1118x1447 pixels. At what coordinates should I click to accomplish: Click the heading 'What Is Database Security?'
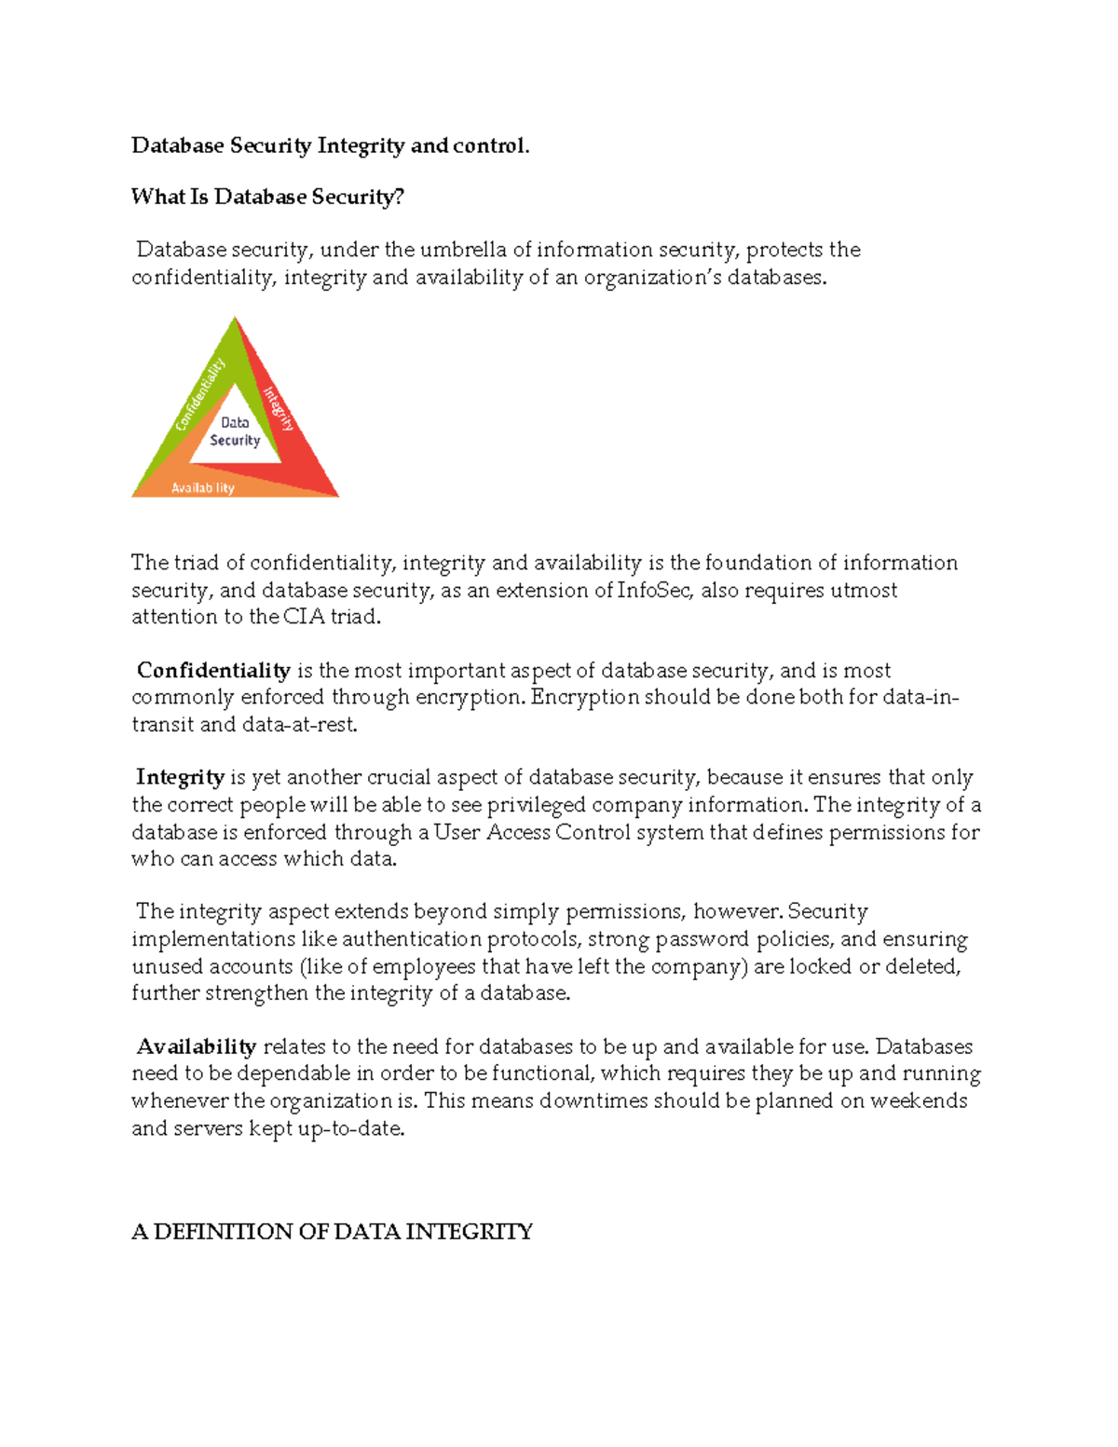point(267,197)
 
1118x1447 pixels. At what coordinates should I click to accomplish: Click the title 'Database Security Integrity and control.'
point(330,145)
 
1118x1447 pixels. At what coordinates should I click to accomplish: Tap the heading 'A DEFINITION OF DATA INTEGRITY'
point(332,1232)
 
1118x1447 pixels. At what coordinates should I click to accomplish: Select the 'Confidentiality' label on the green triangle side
point(200,395)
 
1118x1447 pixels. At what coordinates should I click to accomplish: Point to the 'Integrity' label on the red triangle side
point(279,409)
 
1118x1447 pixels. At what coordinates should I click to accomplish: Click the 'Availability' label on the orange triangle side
point(203,487)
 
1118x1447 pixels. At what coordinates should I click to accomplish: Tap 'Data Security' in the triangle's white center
point(235,431)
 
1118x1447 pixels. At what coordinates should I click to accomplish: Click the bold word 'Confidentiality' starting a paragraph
point(213,671)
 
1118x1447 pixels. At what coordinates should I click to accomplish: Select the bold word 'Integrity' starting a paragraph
point(180,777)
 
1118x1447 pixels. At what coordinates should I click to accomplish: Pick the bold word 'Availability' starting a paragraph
point(197,1046)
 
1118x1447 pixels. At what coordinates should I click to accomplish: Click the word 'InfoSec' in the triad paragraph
point(655,590)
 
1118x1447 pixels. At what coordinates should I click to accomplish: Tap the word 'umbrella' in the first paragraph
point(463,250)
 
